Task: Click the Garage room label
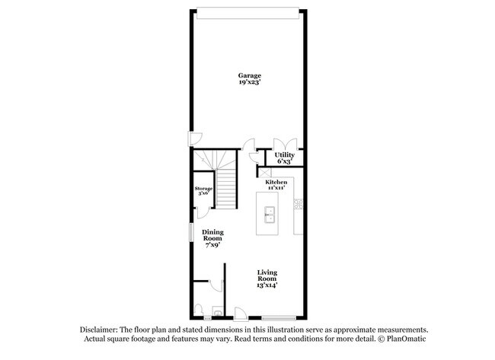click(250, 75)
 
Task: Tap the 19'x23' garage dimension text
click(250, 83)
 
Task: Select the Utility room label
click(285, 155)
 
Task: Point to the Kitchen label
click(276, 183)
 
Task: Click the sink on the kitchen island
click(268, 215)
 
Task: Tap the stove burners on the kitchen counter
click(299, 203)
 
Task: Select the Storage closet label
click(203, 188)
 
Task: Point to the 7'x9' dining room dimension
click(212, 245)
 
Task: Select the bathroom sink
click(217, 311)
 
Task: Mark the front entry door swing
click(240, 311)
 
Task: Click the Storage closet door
click(203, 209)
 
